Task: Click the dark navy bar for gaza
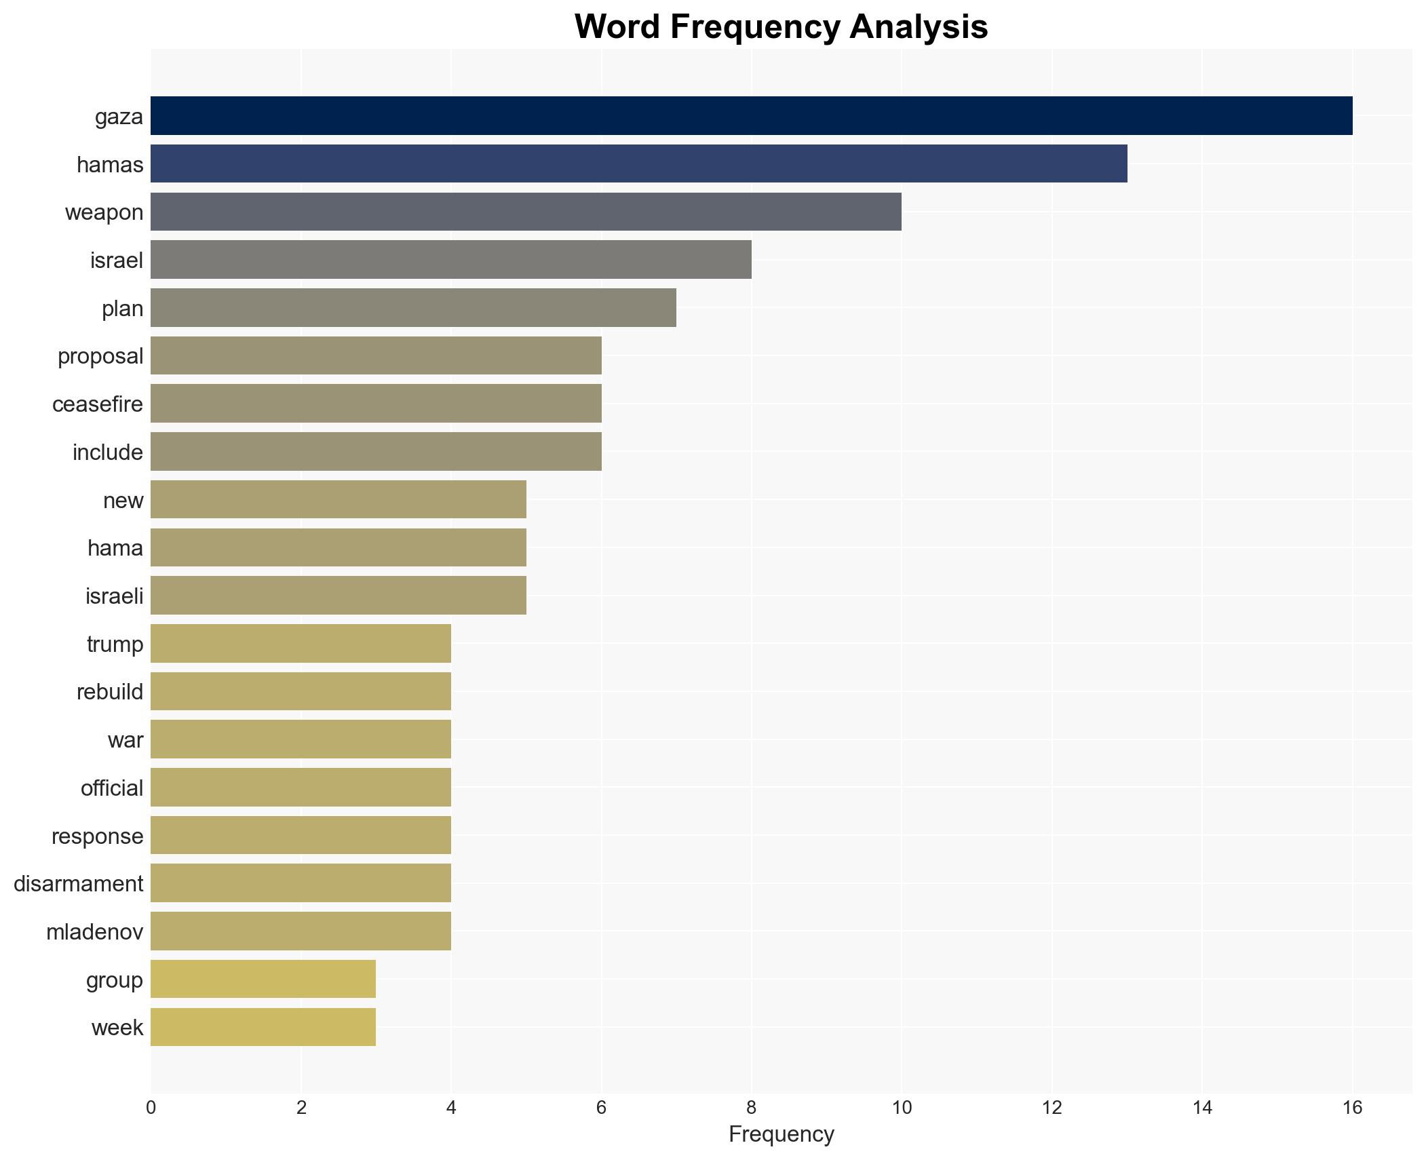pyautogui.click(x=751, y=116)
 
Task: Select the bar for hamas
pyautogui.click(x=638, y=163)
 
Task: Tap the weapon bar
pyautogui.click(x=526, y=212)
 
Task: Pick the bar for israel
pyautogui.click(x=450, y=260)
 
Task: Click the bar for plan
pyautogui.click(x=413, y=308)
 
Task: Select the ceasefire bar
pyautogui.click(x=376, y=404)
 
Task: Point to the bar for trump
pyautogui.click(x=301, y=644)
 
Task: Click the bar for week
pyautogui.click(x=263, y=1027)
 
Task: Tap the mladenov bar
pyautogui.click(x=301, y=931)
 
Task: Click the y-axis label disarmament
pyautogui.click(x=79, y=884)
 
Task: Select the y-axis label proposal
pyautogui.click(x=100, y=356)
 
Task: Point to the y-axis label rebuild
pyautogui.click(x=110, y=692)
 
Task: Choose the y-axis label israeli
pyautogui.click(x=114, y=596)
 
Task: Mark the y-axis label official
pyautogui.click(x=112, y=788)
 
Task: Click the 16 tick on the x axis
pyautogui.click(x=1352, y=1108)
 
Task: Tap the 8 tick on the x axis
pyautogui.click(x=751, y=1108)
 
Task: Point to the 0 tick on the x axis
pyautogui.click(x=151, y=1108)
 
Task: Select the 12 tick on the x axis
pyautogui.click(x=1052, y=1108)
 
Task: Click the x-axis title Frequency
pyautogui.click(x=781, y=1134)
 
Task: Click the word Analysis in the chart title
pyautogui.click(x=919, y=27)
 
